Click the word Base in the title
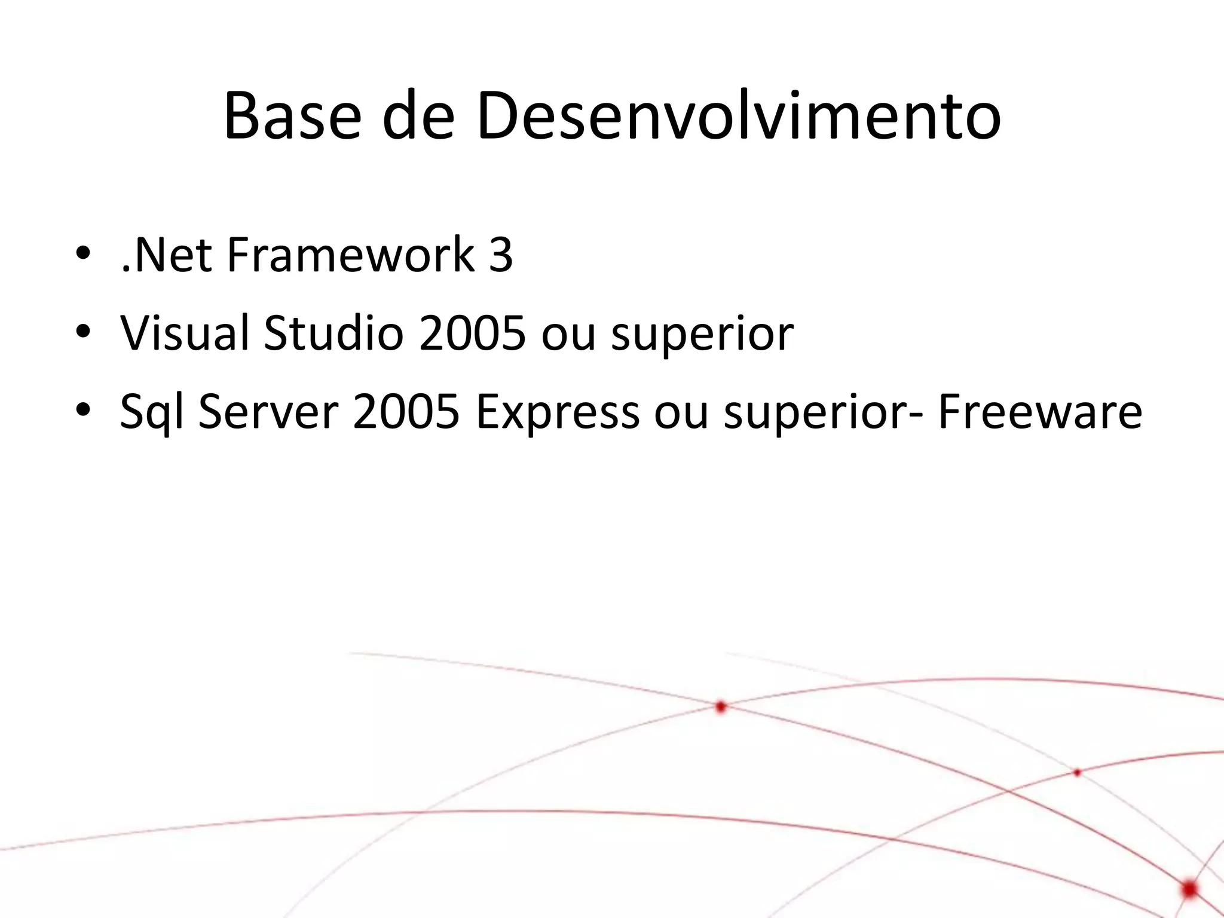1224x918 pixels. click(292, 117)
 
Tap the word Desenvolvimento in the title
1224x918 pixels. click(739, 117)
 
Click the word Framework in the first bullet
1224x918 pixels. click(351, 255)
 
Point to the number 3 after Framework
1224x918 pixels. click(500, 255)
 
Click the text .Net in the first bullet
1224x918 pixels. click(166, 255)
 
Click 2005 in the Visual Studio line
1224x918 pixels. click(472, 333)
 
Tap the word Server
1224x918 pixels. click(268, 412)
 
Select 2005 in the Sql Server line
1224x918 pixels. click(406, 412)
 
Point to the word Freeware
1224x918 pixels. click(1040, 412)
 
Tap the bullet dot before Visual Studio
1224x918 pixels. click(83, 332)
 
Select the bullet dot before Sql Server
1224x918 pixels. click(83, 411)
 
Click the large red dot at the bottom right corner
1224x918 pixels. click(1189, 889)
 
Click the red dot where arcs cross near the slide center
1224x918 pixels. click(721, 707)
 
